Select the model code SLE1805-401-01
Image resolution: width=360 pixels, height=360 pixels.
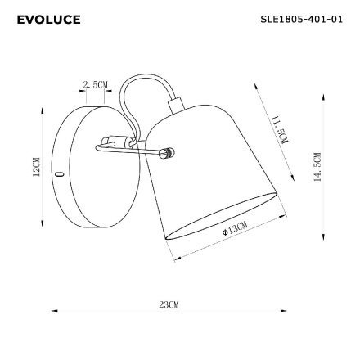click(x=300, y=17)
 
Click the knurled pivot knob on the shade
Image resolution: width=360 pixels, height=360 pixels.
click(x=169, y=152)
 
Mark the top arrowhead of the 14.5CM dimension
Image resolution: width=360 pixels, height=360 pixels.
click(x=325, y=97)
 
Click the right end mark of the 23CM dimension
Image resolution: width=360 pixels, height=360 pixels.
click(x=282, y=309)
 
